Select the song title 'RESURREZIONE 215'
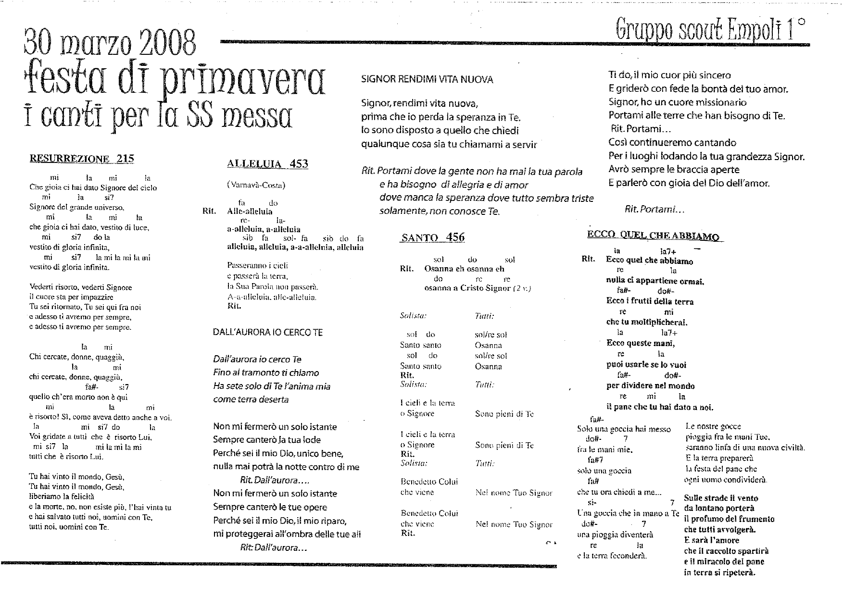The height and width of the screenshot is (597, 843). click(82, 159)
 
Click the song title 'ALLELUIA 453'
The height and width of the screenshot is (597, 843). click(267, 164)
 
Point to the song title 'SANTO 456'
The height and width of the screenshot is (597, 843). click(433, 237)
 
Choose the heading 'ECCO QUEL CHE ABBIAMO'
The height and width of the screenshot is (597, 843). click(653, 235)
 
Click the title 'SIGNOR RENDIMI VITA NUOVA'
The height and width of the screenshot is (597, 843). click(427, 80)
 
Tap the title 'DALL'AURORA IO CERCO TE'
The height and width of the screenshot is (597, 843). click(268, 332)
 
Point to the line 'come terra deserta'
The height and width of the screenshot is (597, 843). click(251, 399)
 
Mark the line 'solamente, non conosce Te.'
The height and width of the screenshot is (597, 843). click(440, 211)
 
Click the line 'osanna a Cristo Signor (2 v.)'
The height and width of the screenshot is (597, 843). click(478, 288)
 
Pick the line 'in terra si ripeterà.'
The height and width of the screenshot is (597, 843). click(719, 572)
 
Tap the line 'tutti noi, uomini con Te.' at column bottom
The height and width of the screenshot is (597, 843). click(69, 527)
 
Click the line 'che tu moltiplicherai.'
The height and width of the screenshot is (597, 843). click(647, 323)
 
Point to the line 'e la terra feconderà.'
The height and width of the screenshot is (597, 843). click(612, 556)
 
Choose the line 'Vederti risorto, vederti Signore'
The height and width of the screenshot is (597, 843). click(81, 287)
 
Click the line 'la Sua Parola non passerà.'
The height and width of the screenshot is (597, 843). click(273, 287)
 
